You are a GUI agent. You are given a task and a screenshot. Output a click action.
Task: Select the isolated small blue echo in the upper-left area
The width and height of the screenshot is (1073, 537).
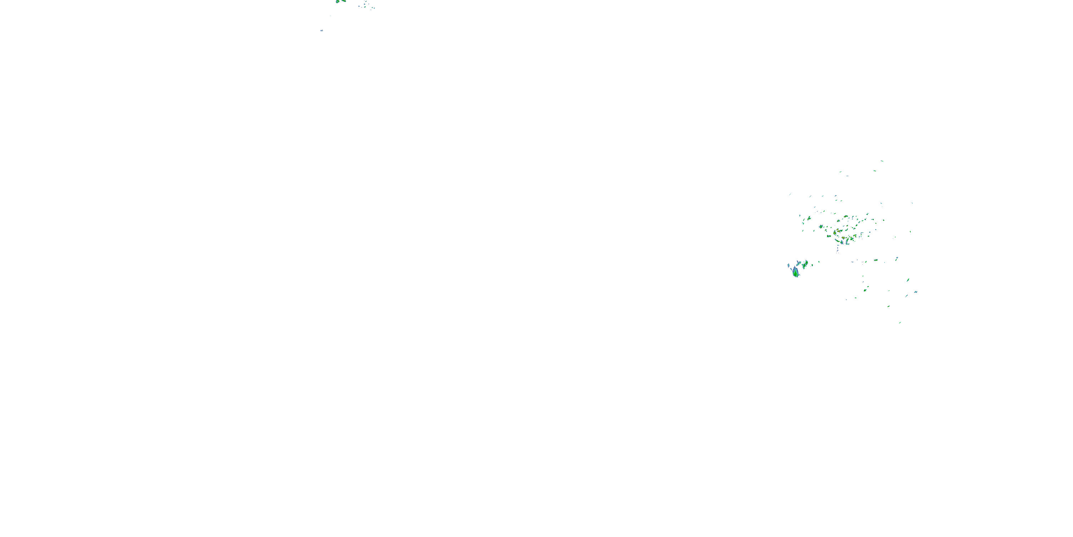322,31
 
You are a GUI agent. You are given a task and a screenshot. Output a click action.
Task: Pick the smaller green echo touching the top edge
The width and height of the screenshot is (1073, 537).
344,1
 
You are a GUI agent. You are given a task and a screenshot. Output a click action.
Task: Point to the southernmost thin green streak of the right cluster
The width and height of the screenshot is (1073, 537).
900,323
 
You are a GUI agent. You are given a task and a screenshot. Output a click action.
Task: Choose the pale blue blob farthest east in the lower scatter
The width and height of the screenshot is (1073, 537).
916,292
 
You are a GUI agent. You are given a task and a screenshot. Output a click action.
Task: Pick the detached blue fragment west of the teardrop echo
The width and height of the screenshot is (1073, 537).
789,266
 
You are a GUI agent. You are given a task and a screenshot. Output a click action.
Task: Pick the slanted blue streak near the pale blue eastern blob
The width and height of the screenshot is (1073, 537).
906,296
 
